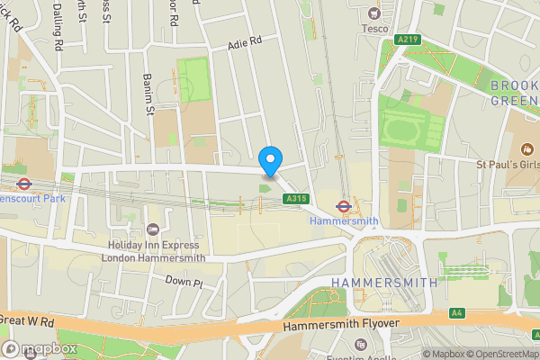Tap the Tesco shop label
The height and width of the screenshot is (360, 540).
click(374, 27)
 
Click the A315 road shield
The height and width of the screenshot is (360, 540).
click(296, 198)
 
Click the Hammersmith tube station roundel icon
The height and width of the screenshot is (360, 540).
click(343, 204)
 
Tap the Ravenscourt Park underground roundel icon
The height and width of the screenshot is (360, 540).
click(25, 184)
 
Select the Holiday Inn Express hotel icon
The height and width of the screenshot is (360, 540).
click(152, 229)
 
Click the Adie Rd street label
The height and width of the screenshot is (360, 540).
click(244, 41)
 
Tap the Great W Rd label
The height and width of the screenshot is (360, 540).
click(30, 319)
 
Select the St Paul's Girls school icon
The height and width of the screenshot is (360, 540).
click(528, 148)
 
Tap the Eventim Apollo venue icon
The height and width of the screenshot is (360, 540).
click(361, 345)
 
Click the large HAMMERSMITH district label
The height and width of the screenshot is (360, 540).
click(383, 283)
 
